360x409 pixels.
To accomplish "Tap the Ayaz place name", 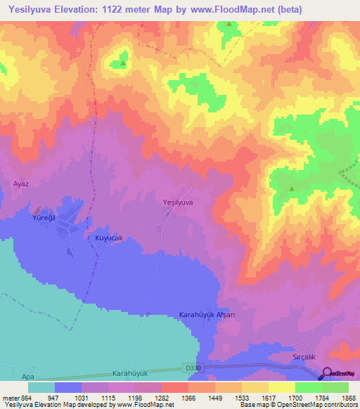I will (20, 183).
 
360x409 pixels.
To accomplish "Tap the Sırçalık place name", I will (306, 357).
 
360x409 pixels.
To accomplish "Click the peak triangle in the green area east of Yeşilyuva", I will (291, 188).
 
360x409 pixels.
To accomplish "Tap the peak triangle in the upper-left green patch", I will (123, 63).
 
